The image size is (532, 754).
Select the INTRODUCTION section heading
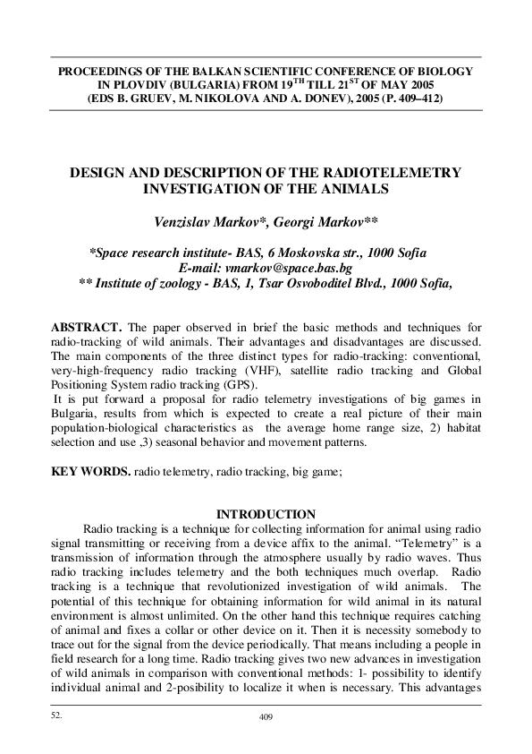266,514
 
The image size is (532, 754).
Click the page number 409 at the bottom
265,717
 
